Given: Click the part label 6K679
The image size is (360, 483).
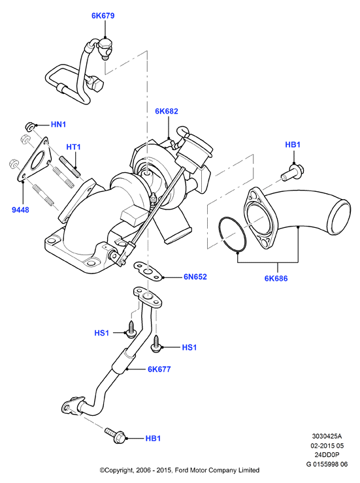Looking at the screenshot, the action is coord(103,16).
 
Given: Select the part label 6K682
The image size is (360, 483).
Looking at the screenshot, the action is coord(167,111).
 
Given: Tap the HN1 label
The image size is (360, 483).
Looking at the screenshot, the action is coord(59,125).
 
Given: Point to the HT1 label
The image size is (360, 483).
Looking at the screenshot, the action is coord(73,147).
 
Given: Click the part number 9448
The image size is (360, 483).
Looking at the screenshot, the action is coord(20,210).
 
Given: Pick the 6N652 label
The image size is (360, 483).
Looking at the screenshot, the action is coord(195,277).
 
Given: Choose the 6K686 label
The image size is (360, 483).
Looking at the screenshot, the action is coord(276,279).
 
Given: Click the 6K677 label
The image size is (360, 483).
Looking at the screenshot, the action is coord(159,369).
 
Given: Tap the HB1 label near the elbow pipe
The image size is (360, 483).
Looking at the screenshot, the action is coord(293,145).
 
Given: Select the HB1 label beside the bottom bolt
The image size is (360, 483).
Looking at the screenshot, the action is coord(153,439).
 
